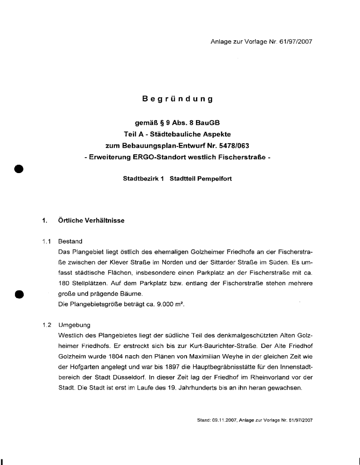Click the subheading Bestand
tap(70, 242)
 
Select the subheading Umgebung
tap(74, 324)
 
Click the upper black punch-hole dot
tap(19, 168)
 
